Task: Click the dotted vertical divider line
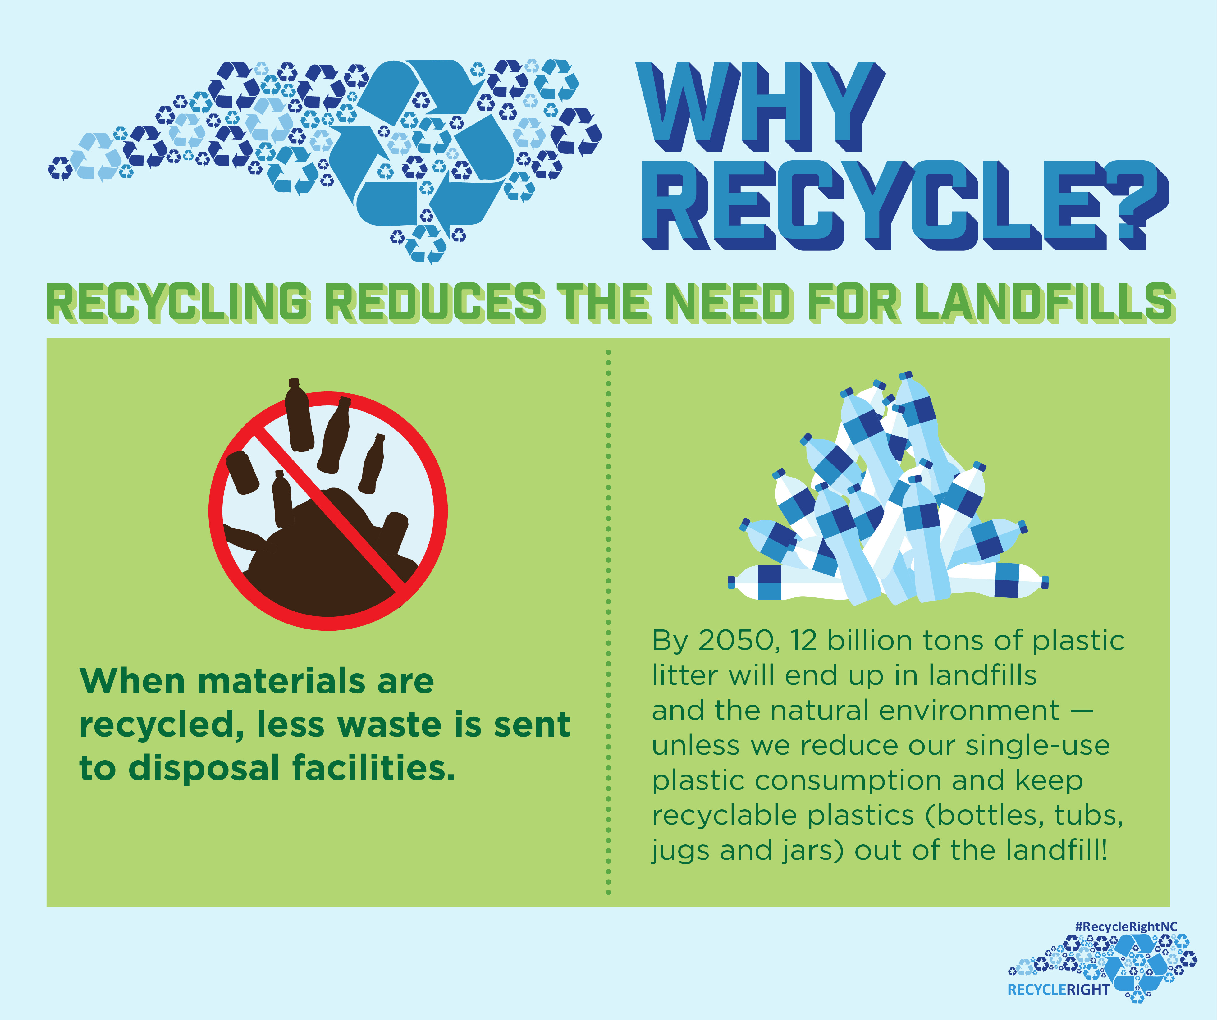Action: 608,622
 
